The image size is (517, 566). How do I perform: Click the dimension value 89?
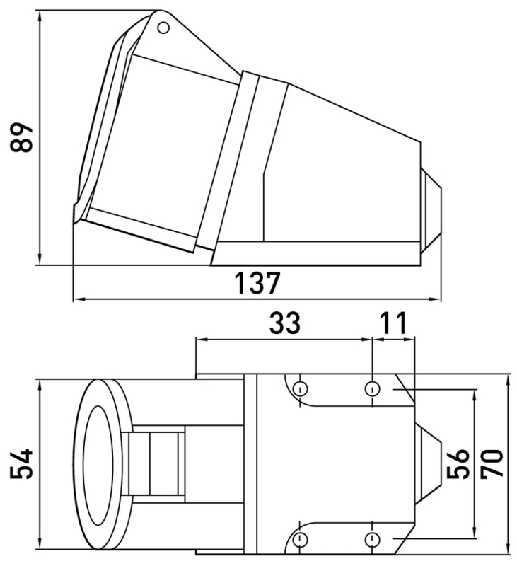tap(21, 137)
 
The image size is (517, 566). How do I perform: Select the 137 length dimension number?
tap(257, 283)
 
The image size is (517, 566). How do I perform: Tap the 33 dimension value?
tap(284, 323)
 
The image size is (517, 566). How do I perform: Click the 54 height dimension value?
tap(21, 464)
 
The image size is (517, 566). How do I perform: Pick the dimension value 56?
tap(458, 464)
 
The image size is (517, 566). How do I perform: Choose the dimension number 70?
tap(492, 464)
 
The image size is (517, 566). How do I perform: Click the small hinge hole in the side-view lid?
tap(164, 28)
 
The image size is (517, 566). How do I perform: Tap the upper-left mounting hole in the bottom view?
tap(300, 388)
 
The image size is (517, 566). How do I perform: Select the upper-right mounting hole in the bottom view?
tap(372, 388)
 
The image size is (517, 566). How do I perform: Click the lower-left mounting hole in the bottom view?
tap(300, 540)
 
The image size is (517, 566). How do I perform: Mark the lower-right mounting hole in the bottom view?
tap(372, 540)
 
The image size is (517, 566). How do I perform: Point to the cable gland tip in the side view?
tap(431, 211)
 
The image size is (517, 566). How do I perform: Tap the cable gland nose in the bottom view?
tap(429, 463)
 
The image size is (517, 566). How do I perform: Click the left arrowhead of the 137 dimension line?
tap(78, 299)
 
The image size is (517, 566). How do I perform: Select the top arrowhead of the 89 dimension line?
tap(40, 15)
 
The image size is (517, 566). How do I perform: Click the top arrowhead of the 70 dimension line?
tap(508, 381)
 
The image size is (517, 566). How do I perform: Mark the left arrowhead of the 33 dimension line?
tap(201, 340)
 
